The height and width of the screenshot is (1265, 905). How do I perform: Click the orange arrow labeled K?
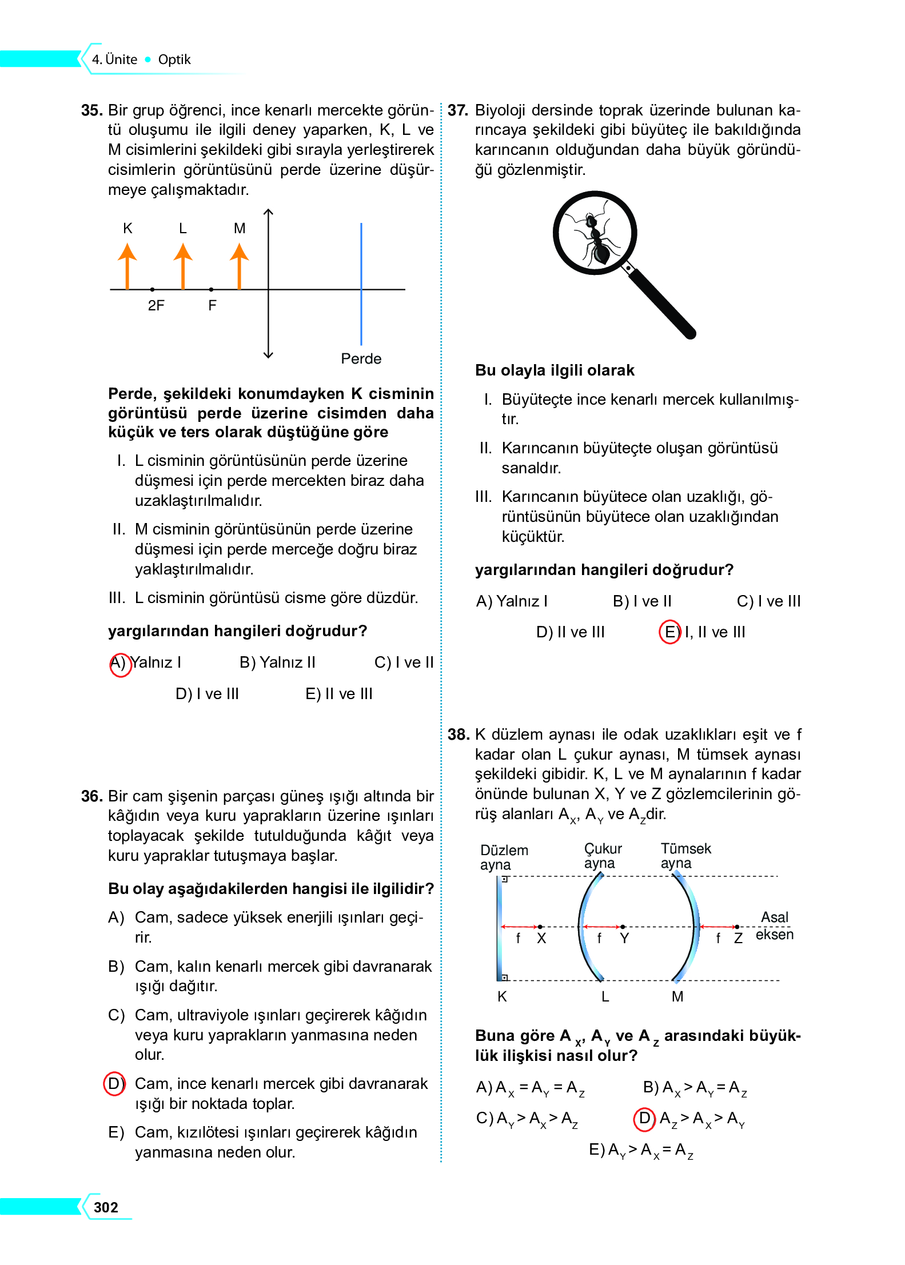127,266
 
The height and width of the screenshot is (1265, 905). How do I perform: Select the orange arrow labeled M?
239,266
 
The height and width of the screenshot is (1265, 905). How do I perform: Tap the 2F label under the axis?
156,306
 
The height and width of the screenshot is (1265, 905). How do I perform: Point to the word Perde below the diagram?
361,359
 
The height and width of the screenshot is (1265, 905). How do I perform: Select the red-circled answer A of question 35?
120,664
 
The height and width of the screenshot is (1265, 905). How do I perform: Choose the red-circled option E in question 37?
669,632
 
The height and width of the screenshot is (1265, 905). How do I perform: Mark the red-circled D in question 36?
114,1084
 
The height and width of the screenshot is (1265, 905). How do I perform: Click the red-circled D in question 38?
644,1119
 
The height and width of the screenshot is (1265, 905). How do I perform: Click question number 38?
458,735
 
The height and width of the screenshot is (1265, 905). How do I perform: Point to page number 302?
106,1207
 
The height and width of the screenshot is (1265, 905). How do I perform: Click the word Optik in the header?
174,59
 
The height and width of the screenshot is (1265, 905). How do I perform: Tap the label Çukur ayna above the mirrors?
602,856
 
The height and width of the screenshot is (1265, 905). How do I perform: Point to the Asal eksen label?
774,926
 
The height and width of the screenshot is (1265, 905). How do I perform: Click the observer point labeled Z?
737,927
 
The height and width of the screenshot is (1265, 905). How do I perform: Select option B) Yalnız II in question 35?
277,663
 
